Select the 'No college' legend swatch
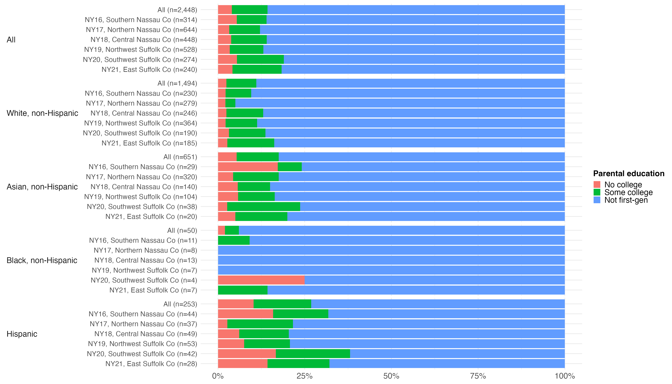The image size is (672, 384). [597, 184]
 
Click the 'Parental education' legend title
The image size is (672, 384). [628, 174]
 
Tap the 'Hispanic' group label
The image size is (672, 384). [22, 334]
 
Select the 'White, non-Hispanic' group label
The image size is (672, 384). [42, 113]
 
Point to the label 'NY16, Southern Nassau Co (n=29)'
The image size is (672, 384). [143, 167]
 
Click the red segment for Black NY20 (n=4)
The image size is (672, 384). [261, 280]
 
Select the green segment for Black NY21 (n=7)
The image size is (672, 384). [243, 290]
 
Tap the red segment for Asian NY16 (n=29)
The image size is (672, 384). [248, 167]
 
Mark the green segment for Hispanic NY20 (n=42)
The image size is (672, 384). [313, 354]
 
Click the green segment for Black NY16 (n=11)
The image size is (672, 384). [234, 240]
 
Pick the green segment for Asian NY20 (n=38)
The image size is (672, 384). [264, 207]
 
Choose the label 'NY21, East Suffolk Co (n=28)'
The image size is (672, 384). [151, 364]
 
